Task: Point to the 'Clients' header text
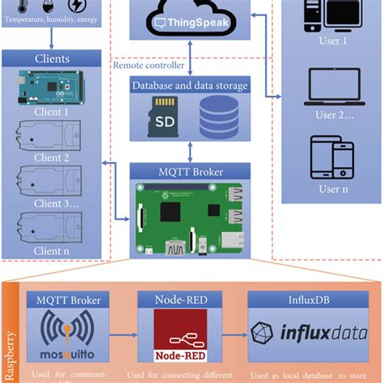pyautogui.click(x=54, y=58)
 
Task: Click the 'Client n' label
pyautogui.click(x=54, y=250)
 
